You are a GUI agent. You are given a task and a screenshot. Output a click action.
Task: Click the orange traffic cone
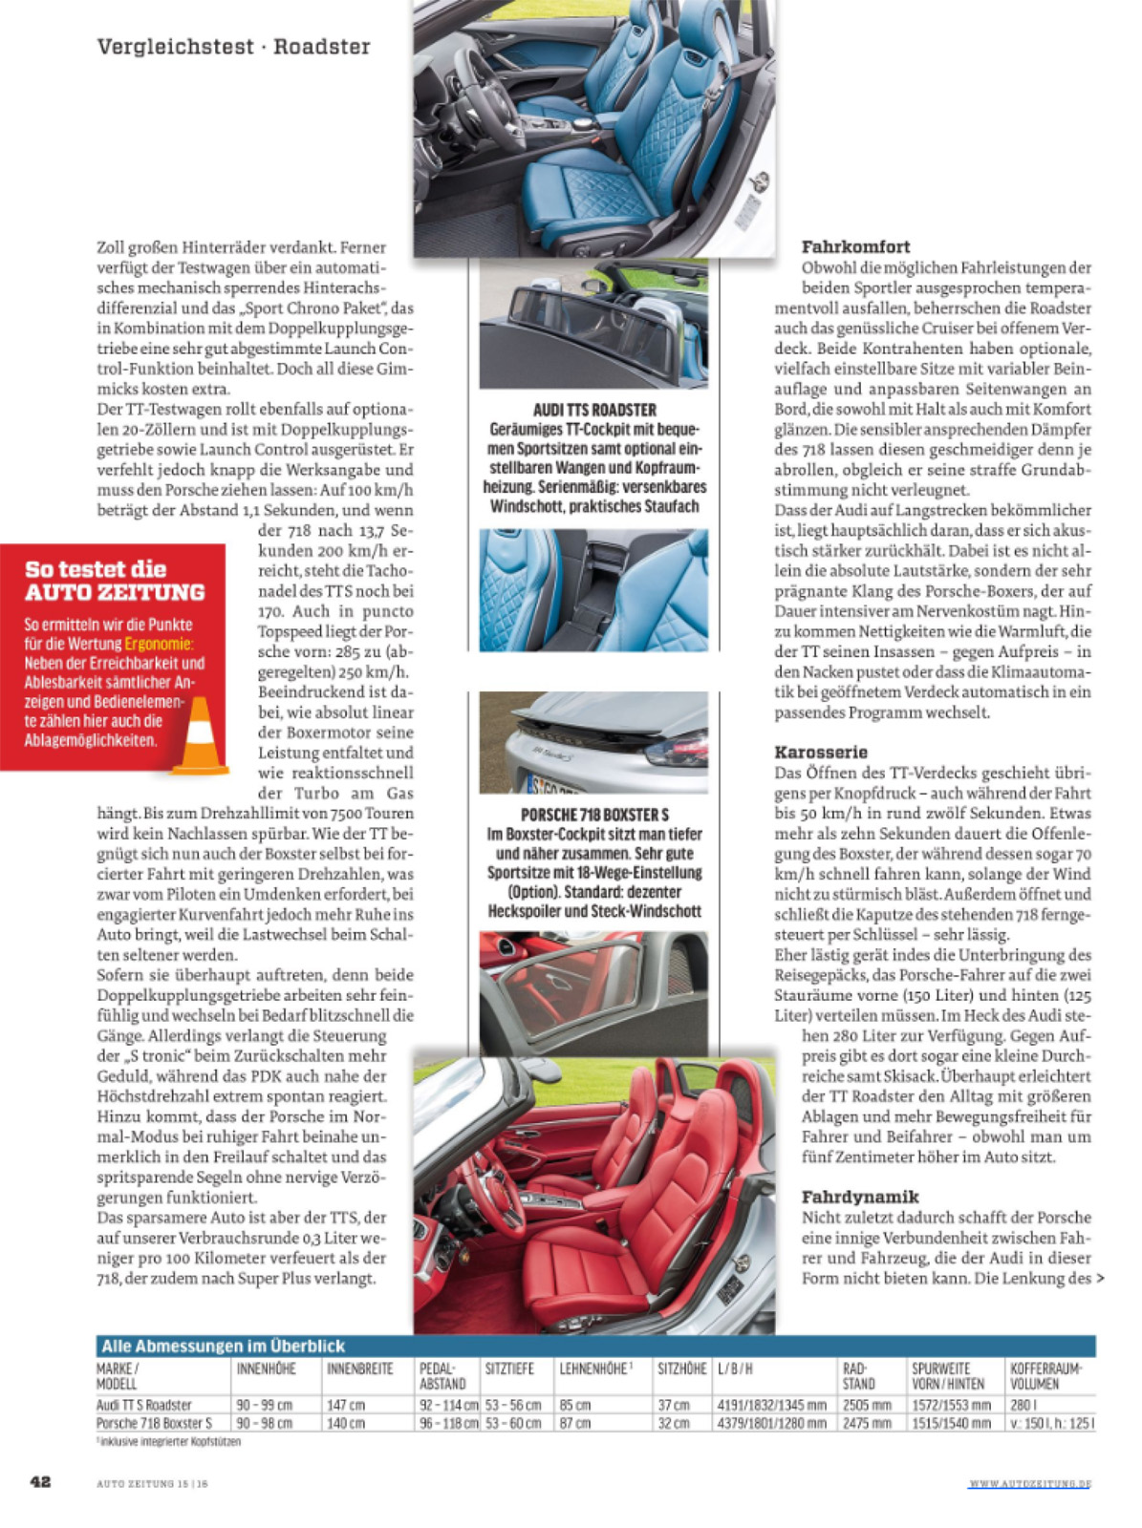(x=200, y=735)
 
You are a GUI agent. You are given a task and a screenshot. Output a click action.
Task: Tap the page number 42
(x=40, y=1481)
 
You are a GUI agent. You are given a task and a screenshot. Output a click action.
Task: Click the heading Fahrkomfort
(x=855, y=246)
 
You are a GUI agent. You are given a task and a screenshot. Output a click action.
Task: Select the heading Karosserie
(x=821, y=752)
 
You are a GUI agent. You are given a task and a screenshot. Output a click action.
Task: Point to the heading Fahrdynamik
(x=860, y=1197)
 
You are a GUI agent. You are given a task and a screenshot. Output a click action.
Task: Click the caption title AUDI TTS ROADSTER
(x=594, y=410)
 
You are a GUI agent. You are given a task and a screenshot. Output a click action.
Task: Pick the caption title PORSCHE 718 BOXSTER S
(x=594, y=815)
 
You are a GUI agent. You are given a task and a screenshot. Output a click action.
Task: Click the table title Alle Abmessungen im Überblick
(x=223, y=1346)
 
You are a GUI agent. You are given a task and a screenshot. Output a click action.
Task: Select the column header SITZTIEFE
(x=509, y=1369)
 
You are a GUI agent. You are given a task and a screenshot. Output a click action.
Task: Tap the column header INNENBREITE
(x=360, y=1369)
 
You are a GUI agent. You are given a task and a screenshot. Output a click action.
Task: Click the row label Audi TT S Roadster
(x=144, y=1405)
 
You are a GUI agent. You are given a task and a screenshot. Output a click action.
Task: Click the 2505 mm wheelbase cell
(x=867, y=1405)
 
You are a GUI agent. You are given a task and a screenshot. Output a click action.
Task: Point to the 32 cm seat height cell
(x=674, y=1423)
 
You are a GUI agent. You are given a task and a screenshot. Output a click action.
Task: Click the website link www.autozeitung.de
(x=1029, y=1483)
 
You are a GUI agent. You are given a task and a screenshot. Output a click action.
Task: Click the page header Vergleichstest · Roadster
(x=233, y=47)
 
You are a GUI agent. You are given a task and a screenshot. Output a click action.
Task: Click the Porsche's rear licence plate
(x=552, y=785)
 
